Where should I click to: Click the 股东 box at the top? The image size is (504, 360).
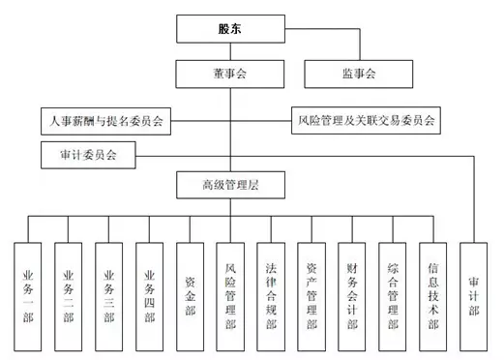pos(229,29)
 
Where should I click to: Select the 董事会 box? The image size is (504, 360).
pos(229,73)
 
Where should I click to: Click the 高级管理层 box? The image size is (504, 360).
pos(229,184)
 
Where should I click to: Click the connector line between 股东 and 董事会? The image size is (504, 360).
pos(229,51)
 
